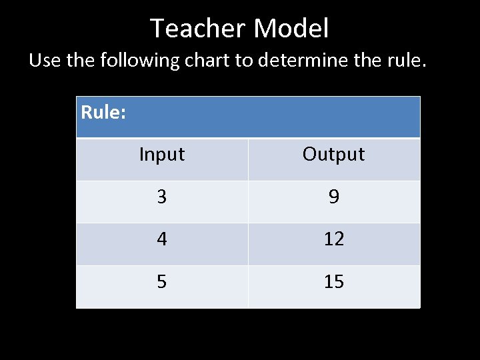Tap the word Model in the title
(x=291, y=29)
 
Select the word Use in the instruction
(x=45, y=61)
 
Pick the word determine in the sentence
(x=306, y=61)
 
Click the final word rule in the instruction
(x=405, y=61)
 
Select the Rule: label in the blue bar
(x=103, y=112)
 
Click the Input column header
(x=161, y=155)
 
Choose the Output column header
(x=333, y=154)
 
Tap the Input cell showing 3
(x=161, y=197)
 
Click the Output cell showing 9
(x=334, y=197)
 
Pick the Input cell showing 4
(x=161, y=239)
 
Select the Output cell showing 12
(x=334, y=239)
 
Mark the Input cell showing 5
(x=161, y=282)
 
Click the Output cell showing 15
(x=334, y=282)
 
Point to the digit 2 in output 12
(x=339, y=239)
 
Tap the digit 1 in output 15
(x=329, y=282)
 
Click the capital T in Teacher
(x=158, y=29)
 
